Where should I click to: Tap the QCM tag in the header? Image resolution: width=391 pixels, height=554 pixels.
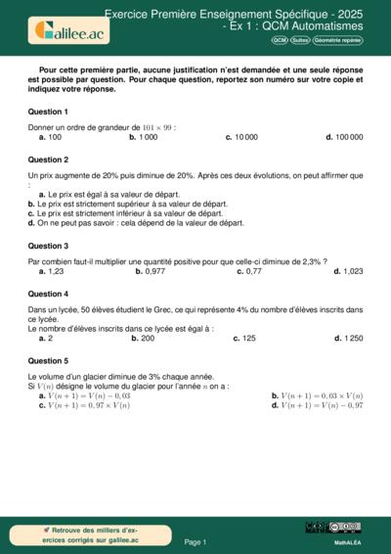point(281,39)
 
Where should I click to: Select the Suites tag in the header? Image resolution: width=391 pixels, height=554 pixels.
point(300,39)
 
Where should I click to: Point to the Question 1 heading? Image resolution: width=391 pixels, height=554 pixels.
point(48,112)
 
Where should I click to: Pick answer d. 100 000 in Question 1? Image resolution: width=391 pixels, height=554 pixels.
point(344,137)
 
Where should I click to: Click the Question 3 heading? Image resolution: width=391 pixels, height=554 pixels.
point(48,247)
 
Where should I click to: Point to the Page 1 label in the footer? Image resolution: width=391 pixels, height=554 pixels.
point(195,541)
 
